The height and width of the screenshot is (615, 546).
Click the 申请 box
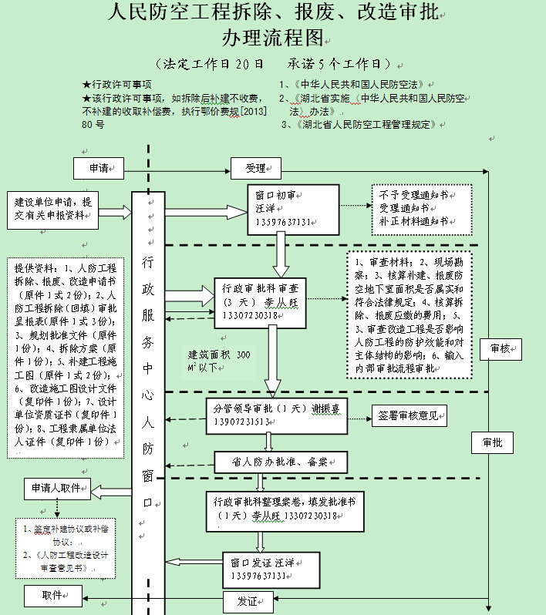click(x=99, y=167)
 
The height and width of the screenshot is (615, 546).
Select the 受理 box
click(x=255, y=167)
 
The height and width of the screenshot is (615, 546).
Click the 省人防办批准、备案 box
click(x=280, y=462)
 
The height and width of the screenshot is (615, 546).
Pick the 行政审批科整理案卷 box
click(x=285, y=509)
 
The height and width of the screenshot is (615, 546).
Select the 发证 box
click(x=247, y=601)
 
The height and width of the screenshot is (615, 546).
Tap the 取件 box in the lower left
click(x=52, y=595)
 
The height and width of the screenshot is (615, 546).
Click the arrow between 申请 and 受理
click(x=178, y=167)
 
